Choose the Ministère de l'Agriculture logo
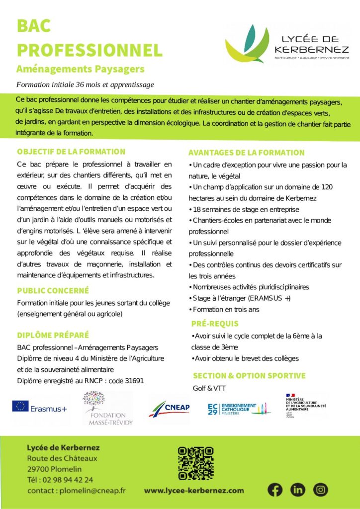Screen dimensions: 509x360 [x=305, y=405]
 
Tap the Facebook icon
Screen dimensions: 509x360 [x=274, y=490]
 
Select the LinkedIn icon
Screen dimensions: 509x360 [x=298, y=490]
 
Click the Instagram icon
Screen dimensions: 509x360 [x=321, y=490]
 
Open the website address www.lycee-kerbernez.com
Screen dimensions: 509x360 [x=194, y=491]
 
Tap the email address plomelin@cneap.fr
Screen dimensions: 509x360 [x=92, y=491]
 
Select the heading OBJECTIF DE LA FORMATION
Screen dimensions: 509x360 [x=71, y=152]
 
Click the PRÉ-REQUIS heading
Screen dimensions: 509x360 [x=215, y=324]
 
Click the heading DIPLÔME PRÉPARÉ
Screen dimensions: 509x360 [x=53, y=335]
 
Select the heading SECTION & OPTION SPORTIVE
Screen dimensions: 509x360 [x=249, y=376]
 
